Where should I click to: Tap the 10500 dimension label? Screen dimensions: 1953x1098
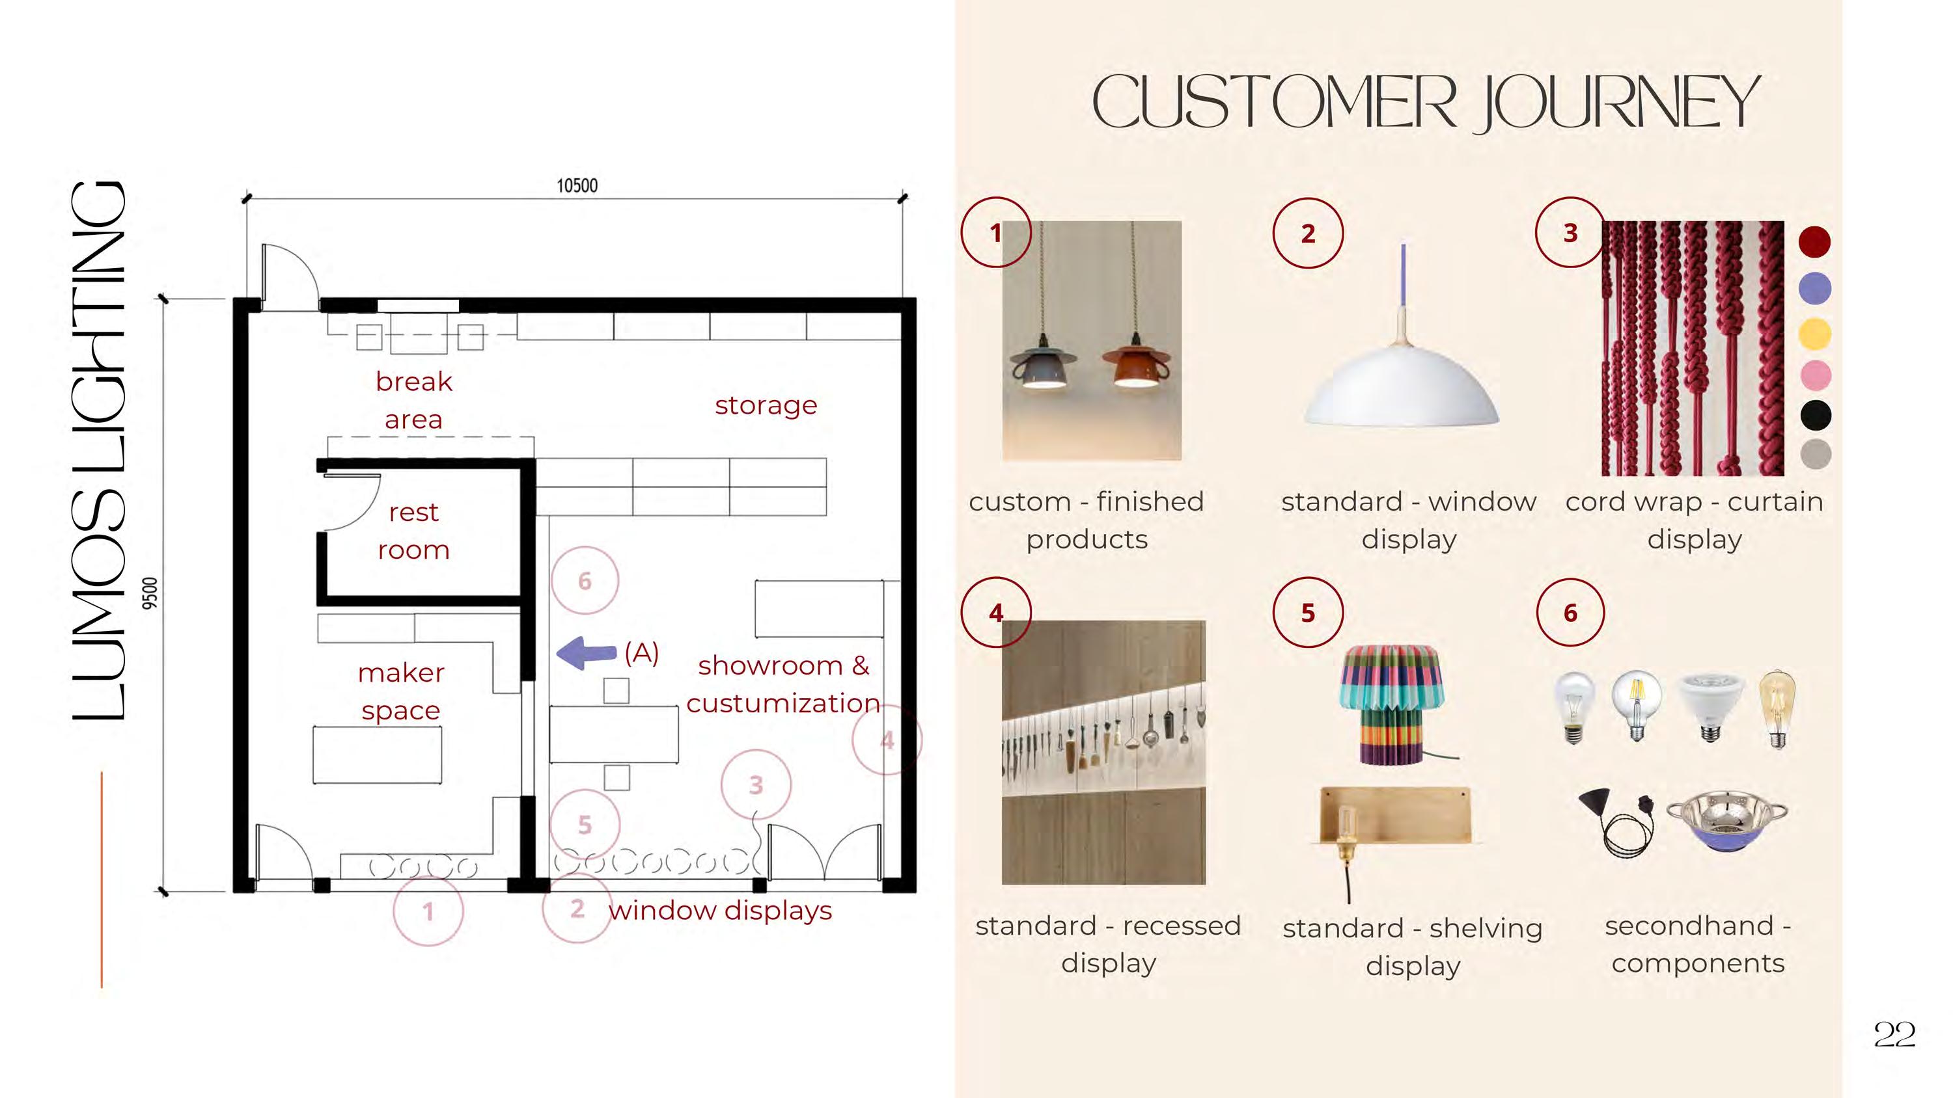(x=577, y=185)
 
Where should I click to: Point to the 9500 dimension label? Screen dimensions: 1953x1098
(x=151, y=593)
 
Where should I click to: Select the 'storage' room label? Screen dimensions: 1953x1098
(x=766, y=405)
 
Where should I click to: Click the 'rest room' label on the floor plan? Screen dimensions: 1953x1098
(x=413, y=530)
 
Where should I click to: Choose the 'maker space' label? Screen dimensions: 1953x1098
(x=401, y=691)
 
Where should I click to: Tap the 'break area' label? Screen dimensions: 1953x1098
(x=413, y=400)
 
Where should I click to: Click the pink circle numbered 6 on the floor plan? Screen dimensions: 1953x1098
(x=585, y=580)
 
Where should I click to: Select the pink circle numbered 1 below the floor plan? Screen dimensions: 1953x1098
(x=428, y=911)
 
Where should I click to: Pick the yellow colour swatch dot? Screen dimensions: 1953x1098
(x=1815, y=334)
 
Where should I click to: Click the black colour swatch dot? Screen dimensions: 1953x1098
(x=1815, y=414)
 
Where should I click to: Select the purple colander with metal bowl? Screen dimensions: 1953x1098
(x=1726, y=823)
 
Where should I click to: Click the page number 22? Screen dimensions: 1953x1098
(x=1894, y=1034)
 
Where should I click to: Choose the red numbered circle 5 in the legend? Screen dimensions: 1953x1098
(x=1308, y=612)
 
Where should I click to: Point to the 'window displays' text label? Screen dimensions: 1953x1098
(x=719, y=910)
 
